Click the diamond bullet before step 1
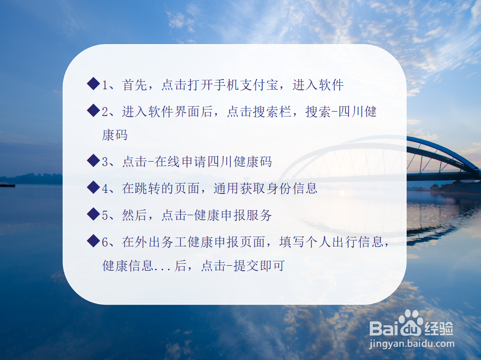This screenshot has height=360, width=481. (93, 84)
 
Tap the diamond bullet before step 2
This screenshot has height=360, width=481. (93, 111)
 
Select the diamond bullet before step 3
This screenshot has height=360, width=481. (93, 161)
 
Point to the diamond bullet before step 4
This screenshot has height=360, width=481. (93, 187)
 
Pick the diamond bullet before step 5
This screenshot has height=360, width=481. (93, 214)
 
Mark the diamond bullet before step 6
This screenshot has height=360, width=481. (93, 241)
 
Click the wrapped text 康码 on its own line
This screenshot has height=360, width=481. (115, 135)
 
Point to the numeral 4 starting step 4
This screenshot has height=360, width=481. (105, 188)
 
